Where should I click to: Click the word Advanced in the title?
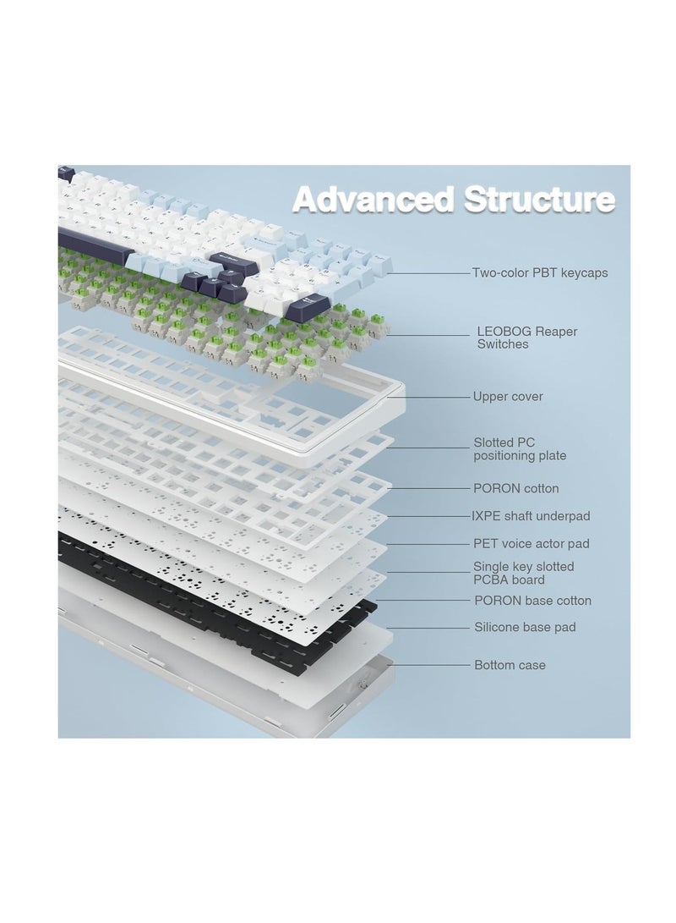[x=373, y=199]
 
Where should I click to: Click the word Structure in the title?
[x=539, y=199]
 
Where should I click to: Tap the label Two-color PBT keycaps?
[x=540, y=273]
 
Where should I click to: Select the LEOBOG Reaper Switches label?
[x=526, y=338]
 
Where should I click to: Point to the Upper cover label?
[x=508, y=396]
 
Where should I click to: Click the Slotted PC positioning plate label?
[x=520, y=448]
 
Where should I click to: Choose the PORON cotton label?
[x=515, y=488]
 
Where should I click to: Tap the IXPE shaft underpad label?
[x=531, y=516]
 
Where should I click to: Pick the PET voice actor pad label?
[x=531, y=543]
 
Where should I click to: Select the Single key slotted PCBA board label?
[x=523, y=573]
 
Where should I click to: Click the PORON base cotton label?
[x=532, y=601]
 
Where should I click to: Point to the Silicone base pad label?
[x=525, y=627]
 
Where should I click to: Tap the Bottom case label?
[x=510, y=665]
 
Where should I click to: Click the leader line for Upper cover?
[x=428, y=397]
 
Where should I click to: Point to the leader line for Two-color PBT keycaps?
[x=428, y=273]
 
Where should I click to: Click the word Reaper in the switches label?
[x=555, y=332]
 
